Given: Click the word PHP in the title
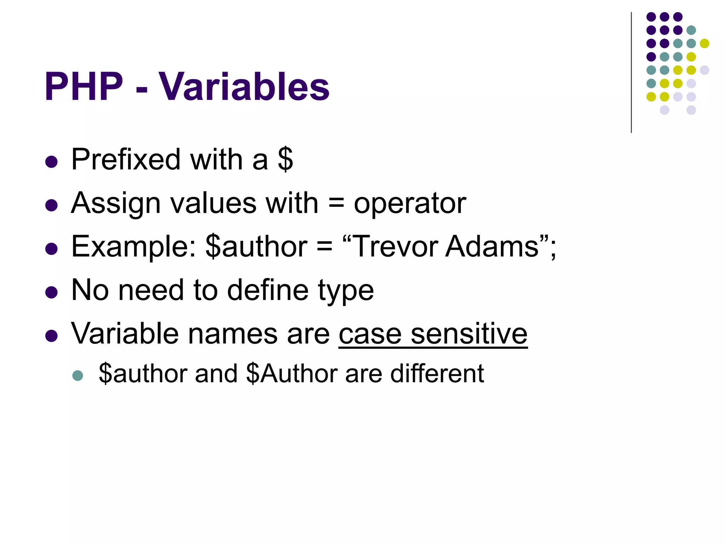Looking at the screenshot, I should [x=84, y=87].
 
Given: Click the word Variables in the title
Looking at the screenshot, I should [x=244, y=87].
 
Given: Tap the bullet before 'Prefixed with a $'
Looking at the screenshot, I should [x=52, y=162].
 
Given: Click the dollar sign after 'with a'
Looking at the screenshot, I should [x=285, y=159].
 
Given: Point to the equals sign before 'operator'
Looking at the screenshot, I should [x=336, y=203].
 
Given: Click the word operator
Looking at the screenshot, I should [x=410, y=204].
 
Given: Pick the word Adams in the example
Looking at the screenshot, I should [x=492, y=246].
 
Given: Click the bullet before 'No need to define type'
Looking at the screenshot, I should [x=52, y=293].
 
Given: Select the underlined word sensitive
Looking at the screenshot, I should [x=469, y=334].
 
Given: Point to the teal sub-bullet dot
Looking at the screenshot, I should [x=78, y=375].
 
